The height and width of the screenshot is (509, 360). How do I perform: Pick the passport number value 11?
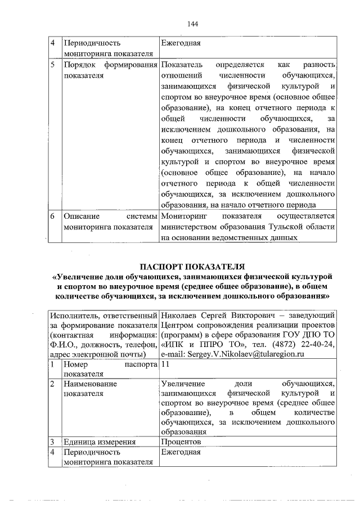165,364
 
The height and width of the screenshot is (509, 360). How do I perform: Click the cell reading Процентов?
181,442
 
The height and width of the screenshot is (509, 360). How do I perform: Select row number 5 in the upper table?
52,65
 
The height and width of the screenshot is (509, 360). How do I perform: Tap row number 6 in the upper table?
52,216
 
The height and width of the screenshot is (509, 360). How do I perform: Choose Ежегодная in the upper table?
181,43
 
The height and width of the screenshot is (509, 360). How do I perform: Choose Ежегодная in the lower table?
181,452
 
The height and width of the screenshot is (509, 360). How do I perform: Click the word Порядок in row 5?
79,65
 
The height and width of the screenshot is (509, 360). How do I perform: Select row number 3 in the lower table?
52,442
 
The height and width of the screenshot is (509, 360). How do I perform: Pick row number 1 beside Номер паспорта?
52,364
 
